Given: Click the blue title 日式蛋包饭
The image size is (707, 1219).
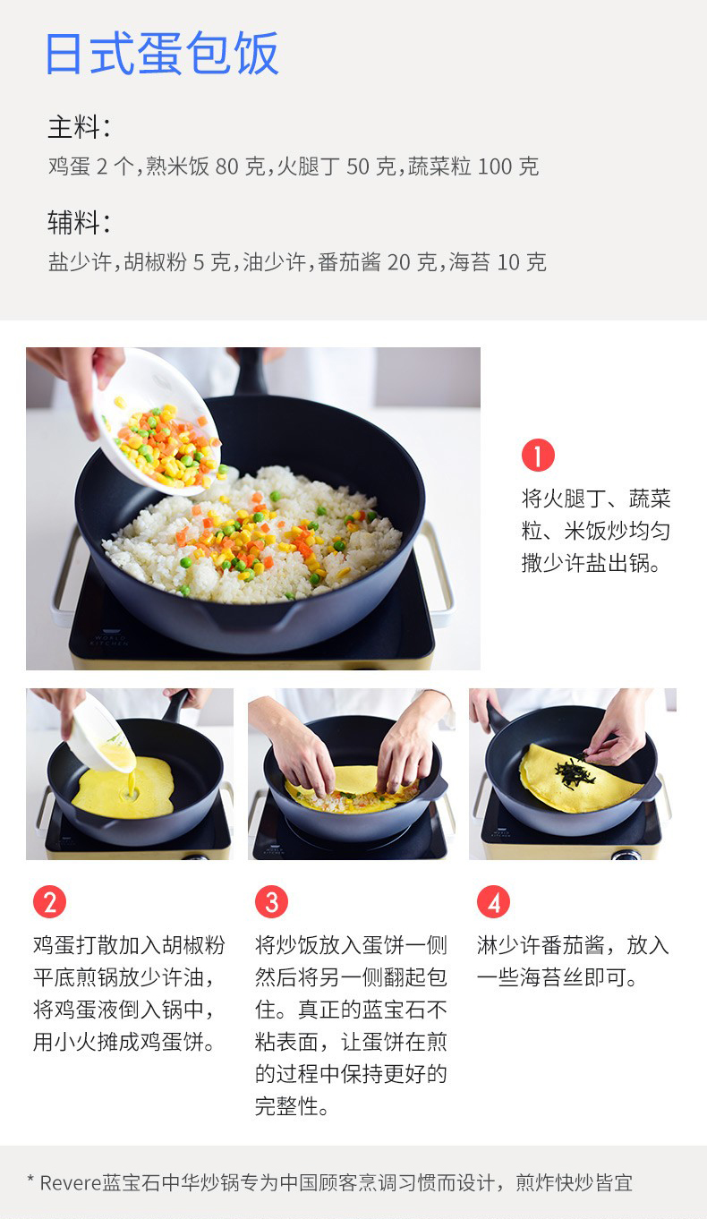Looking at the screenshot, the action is point(162,54).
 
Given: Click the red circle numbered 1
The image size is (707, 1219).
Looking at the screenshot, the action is point(538,455).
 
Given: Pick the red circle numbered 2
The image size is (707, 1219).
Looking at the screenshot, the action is point(49,902).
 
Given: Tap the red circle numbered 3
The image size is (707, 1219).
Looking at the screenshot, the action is point(271,902).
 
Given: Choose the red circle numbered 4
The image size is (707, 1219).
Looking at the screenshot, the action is point(494,902).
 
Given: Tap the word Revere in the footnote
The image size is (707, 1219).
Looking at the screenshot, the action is point(71,1182).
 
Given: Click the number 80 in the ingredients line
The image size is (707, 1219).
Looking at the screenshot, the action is point(226,166).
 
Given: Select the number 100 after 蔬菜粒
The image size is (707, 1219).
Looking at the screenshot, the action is point(495,166).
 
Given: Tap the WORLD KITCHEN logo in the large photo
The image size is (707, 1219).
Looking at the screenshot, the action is point(110,638).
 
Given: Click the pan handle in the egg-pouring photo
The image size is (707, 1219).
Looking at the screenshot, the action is point(175,705).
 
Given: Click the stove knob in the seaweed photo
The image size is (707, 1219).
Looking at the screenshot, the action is point(625,856).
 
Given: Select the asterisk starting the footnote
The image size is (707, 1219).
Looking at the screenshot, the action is point(31,1179).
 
